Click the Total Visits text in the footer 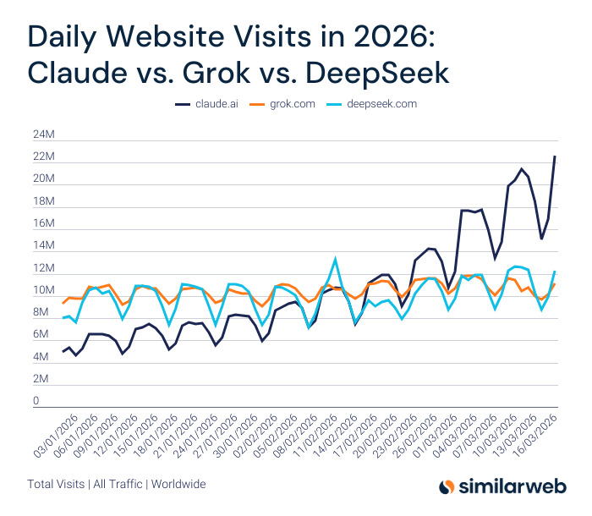tap(55, 485)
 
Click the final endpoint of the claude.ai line tap(555, 156)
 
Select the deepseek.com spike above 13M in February tap(336, 259)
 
